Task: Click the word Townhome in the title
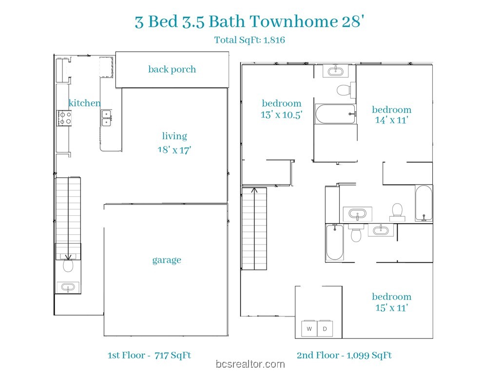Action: (293, 21)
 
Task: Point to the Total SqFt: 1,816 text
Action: (249, 40)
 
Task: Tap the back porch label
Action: (172, 69)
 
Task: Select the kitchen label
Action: (85, 103)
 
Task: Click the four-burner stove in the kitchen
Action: (64, 118)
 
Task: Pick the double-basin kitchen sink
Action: (106, 118)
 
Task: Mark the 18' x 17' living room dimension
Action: (174, 150)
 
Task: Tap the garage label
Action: (167, 260)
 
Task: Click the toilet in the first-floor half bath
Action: (68, 265)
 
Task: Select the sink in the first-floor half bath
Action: (68, 287)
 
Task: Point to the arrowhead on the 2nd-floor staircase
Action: (254, 190)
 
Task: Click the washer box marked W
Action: (309, 329)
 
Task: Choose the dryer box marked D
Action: (325, 329)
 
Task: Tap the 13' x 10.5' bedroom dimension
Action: (282, 114)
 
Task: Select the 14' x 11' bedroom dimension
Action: (391, 120)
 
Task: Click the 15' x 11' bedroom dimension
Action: (391, 308)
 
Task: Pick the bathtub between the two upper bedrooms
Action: (335, 114)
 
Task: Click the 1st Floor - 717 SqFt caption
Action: (149, 355)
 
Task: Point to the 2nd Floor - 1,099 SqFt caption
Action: (345, 355)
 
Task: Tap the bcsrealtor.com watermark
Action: (250, 364)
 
